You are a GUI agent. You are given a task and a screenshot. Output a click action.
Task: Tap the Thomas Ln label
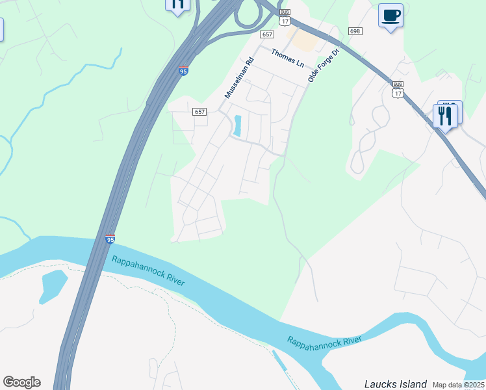click(x=287, y=58)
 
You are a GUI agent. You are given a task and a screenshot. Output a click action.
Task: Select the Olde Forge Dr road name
click(x=324, y=65)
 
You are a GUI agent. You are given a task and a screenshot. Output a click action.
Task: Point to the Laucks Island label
click(x=395, y=384)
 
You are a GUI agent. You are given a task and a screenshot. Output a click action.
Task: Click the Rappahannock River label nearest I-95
click(x=148, y=270)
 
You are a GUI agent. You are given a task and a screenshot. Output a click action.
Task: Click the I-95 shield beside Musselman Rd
click(x=184, y=71)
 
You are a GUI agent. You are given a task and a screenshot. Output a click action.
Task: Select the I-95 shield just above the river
click(x=110, y=240)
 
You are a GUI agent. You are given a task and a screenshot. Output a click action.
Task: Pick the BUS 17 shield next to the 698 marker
click(x=284, y=18)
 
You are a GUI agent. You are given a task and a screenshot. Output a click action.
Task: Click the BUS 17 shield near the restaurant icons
click(x=398, y=89)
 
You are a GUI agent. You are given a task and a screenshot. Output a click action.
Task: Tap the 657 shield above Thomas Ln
click(x=266, y=34)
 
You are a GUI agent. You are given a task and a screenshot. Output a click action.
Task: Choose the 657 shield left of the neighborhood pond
click(x=199, y=112)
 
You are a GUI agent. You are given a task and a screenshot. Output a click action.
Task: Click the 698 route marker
click(x=355, y=31)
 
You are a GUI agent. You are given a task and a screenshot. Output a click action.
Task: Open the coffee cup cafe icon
click(x=390, y=16)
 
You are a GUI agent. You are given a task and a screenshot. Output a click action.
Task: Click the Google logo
click(x=21, y=382)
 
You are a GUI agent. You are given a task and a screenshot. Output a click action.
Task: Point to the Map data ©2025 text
click(x=458, y=385)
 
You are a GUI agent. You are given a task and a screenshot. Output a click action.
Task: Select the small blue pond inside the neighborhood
click(x=237, y=125)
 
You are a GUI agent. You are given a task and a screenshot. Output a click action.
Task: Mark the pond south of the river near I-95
click(x=53, y=285)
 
